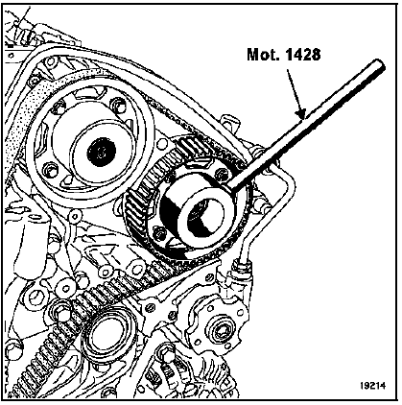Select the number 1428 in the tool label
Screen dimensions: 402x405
pos(301,55)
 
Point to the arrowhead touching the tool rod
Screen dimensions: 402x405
pos(299,112)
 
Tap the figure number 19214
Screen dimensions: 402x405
pos(373,386)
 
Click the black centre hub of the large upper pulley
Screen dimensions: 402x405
pos(102,152)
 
